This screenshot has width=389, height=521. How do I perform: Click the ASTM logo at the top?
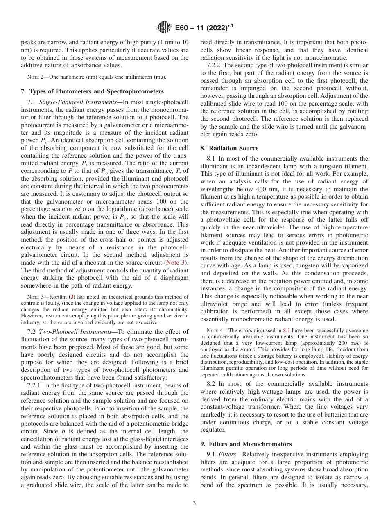[164, 28]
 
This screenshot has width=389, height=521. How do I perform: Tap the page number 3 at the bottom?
[194, 503]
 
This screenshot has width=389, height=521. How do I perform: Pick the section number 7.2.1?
[34, 385]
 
